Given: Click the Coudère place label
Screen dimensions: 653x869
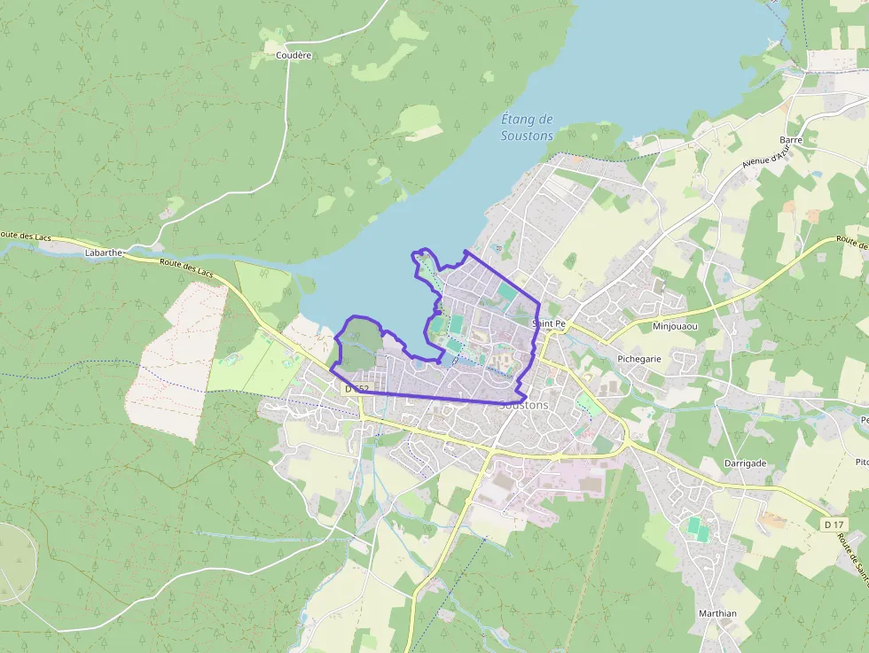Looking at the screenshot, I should (x=294, y=55).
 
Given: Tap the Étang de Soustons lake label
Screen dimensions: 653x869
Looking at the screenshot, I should (x=527, y=128).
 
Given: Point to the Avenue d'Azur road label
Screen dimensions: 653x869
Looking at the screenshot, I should (x=764, y=157).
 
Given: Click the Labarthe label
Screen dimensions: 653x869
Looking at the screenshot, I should (x=103, y=253).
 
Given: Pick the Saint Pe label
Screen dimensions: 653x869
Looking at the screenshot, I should (x=548, y=324).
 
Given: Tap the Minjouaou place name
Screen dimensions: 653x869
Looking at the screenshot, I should (x=675, y=326).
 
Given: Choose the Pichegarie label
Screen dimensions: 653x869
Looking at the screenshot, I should (x=638, y=359).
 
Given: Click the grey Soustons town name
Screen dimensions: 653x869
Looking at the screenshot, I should (x=524, y=405).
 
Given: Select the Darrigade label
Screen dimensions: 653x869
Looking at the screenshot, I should (x=745, y=463).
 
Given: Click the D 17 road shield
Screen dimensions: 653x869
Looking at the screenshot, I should (x=833, y=525).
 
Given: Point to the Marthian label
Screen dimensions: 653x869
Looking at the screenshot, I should (x=717, y=613).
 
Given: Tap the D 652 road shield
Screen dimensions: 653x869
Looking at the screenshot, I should (x=356, y=389).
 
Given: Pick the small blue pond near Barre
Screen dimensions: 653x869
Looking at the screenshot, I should (x=815, y=174).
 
